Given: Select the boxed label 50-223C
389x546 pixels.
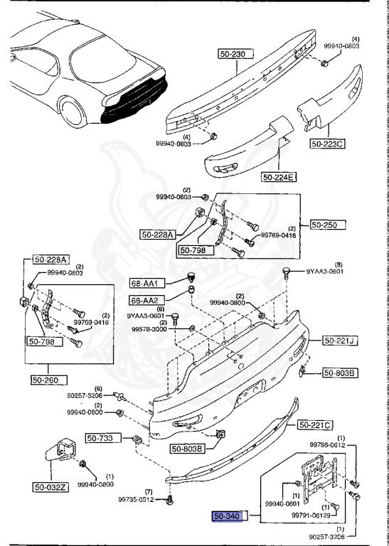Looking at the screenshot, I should pyautogui.click(x=327, y=144).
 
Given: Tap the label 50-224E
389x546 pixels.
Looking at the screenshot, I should pyautogui.click(x=279, y=177).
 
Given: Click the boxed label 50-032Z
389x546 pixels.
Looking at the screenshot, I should pyautogui.click(x=50, y=487).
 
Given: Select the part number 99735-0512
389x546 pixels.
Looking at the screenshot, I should pyautogui.click(x=135, y=500).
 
